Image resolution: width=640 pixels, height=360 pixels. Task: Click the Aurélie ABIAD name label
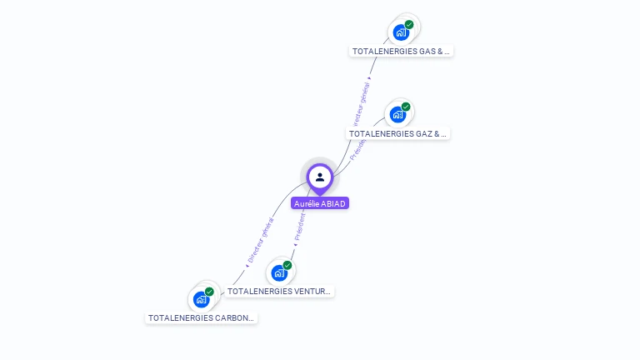(x=320, y=203)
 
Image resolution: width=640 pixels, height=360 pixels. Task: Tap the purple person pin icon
(x=320, y=177)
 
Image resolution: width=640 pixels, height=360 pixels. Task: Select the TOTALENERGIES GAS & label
(x=401, y=51)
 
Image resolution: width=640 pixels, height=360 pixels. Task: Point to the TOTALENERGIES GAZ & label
(x=398, y=133)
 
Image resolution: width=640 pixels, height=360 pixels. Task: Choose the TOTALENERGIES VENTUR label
(x=279, y=292)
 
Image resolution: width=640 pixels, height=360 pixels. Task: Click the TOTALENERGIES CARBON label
(x=201, y=317)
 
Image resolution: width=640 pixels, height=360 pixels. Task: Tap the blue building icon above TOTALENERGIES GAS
(x=401, y=32)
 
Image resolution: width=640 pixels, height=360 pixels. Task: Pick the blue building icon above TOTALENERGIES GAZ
(x=397, y=114)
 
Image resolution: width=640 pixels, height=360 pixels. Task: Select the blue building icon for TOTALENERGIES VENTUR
(x=279, y=272)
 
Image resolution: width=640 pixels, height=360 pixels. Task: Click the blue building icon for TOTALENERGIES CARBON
(x=201, y=299)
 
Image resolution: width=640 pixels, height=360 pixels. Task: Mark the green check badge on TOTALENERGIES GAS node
(x=409, y=24)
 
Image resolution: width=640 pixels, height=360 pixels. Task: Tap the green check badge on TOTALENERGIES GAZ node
(x=406, y=107)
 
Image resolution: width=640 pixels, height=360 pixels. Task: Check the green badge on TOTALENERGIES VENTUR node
(x=287, y=265)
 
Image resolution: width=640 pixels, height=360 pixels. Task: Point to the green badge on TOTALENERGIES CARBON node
(x=209, y=292)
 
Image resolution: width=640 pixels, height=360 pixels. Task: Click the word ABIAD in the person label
(x=333, y=203)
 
